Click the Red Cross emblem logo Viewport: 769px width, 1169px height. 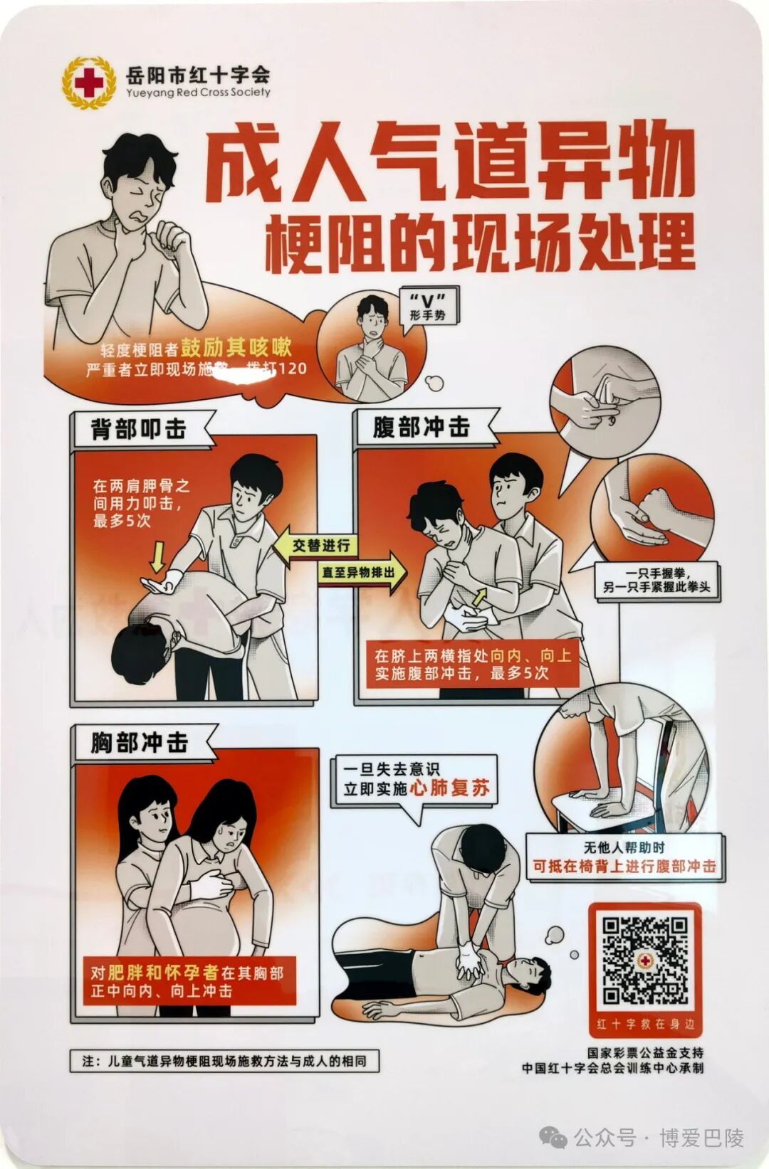pos(88,83)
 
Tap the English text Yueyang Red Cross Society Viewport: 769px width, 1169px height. pos(198,92)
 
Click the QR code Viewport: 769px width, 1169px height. pos(645,960)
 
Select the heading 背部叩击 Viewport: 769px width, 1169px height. pos(138,429)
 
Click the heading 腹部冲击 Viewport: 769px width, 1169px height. pos(421,427)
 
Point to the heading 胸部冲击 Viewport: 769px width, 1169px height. pos(140,743)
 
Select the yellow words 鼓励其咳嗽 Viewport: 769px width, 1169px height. pos(236,347)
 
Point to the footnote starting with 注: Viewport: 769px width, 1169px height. pos(224,1061)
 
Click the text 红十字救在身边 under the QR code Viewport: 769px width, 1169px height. pos(645,1025)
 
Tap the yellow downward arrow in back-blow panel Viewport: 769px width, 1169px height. pos(158,556)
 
